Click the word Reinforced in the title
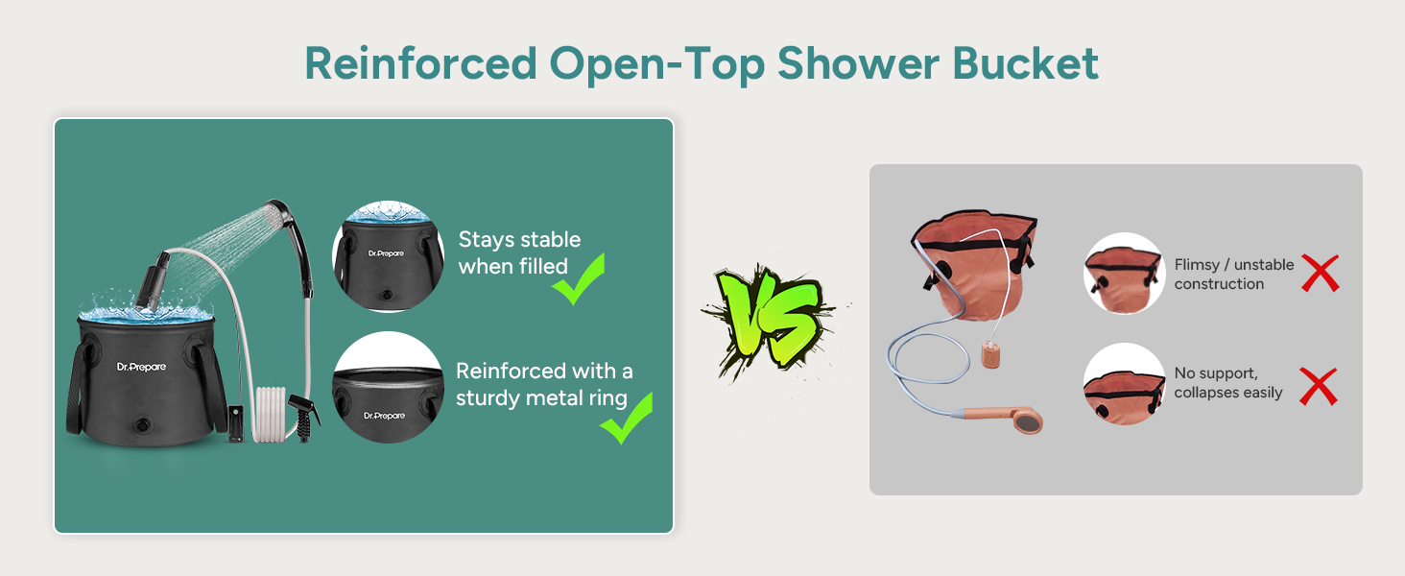[419, 63]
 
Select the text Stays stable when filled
[519, 252]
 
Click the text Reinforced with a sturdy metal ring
[544, 384]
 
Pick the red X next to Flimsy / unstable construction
[1320, 275]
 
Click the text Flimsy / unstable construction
[1233, 274]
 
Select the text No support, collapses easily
[1227, 382]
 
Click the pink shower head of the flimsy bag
[1026, 420]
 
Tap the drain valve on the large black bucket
[144, 423]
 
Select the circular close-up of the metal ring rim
[389, 387]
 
